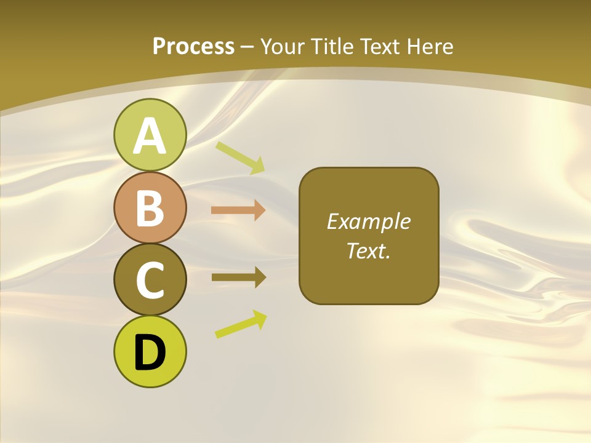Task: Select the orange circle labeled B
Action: click(x=150, y=208)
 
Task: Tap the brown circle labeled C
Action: click(x=150, y=279)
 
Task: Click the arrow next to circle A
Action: click(x=240, y=157)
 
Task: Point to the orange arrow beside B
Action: click(x=238, y=210)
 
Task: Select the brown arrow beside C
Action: click(x=238, y=277)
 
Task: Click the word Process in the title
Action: click(x=193, y=46)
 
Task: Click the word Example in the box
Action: click(x=369, y=221)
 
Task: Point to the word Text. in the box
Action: click(x=369, y=250)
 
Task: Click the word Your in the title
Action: click(x=280, y=46)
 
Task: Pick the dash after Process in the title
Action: click(x=247, y=47)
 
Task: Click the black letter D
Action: click(x=150, y=353)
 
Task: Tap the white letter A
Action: click(x=150, y=135)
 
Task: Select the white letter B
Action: click(x=150, y=208)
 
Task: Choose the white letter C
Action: click(x=150, y=280)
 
